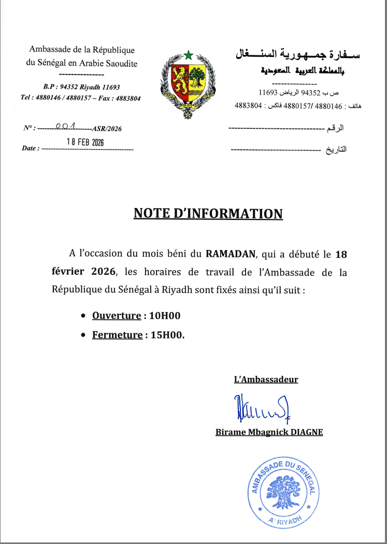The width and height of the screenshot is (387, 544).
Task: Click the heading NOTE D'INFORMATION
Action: [x=208, y=213]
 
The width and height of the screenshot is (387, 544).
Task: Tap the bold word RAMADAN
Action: [x=231, y=254]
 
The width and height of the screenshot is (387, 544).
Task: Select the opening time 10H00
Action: [x=164, y=316]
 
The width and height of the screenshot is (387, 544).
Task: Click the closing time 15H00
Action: [x=167, y=335]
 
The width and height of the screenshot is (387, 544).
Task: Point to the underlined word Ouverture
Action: [x=117, y=316]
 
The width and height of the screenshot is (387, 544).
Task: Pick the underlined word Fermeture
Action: [x=117, y=335]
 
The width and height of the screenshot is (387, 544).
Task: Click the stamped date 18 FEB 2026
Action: [x=86, y=142]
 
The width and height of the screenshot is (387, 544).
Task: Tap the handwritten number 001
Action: [x=66, y=126]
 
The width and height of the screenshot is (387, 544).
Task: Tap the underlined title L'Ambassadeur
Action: [x=266, y=379]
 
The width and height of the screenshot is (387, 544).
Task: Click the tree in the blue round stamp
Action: [x=282, y=492]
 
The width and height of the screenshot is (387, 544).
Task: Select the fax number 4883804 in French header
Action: [x=128, y=98]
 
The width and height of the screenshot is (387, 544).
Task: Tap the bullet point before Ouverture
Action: [x=84, y=316]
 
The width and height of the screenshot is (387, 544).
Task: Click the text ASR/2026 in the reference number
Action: [x=106, y=129]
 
